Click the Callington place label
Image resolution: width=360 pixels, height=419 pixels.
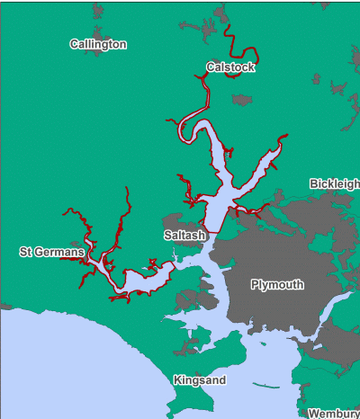coord(98,44)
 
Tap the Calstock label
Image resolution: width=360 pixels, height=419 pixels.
coord(230,67)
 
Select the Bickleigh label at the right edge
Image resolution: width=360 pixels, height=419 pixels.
coord(334,183)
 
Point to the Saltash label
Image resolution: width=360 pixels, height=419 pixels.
coord(185,235)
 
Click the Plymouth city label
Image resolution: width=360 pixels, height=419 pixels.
coord(277,284)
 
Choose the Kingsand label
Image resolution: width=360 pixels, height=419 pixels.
coord(200,380)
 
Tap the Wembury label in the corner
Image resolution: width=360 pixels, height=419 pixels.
coord(333,414)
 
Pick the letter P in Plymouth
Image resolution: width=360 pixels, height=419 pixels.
coord(255,284)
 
